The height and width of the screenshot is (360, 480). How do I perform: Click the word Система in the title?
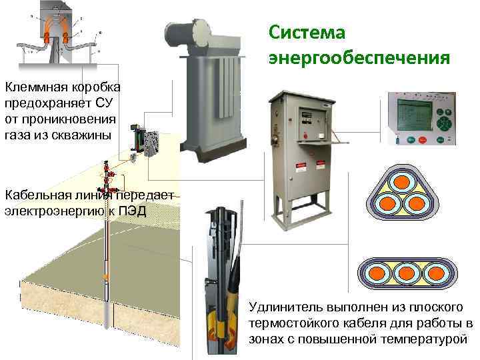(307, 33)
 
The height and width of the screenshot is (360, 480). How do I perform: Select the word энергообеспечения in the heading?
(359, 59)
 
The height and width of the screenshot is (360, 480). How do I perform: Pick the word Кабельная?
(35, 195)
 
